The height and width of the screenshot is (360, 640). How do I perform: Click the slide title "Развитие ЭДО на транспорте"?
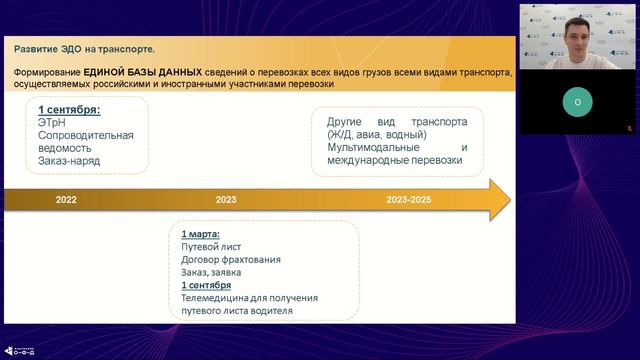point(85,48)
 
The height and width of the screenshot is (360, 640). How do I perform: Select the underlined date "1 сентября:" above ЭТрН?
point(69,109)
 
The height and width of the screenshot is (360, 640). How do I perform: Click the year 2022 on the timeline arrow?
point(66,200)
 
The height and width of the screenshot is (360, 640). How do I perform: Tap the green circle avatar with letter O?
point(576,102)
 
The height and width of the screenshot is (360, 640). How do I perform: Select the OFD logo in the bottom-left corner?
point(21,349)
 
